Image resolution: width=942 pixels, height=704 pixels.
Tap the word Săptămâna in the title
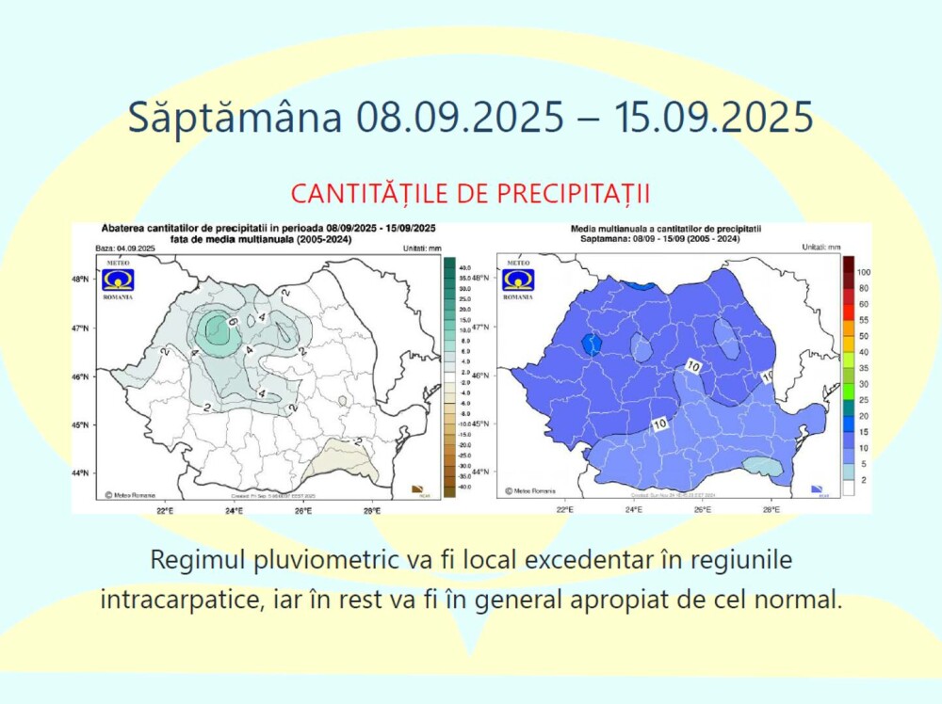(235, 118)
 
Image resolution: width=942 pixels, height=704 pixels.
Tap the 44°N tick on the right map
(480, 472)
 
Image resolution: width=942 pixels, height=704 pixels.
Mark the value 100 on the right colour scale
(863, 272)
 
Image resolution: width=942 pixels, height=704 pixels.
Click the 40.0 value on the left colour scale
(464, 268)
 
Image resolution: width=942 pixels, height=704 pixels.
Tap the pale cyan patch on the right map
(762, 466)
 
